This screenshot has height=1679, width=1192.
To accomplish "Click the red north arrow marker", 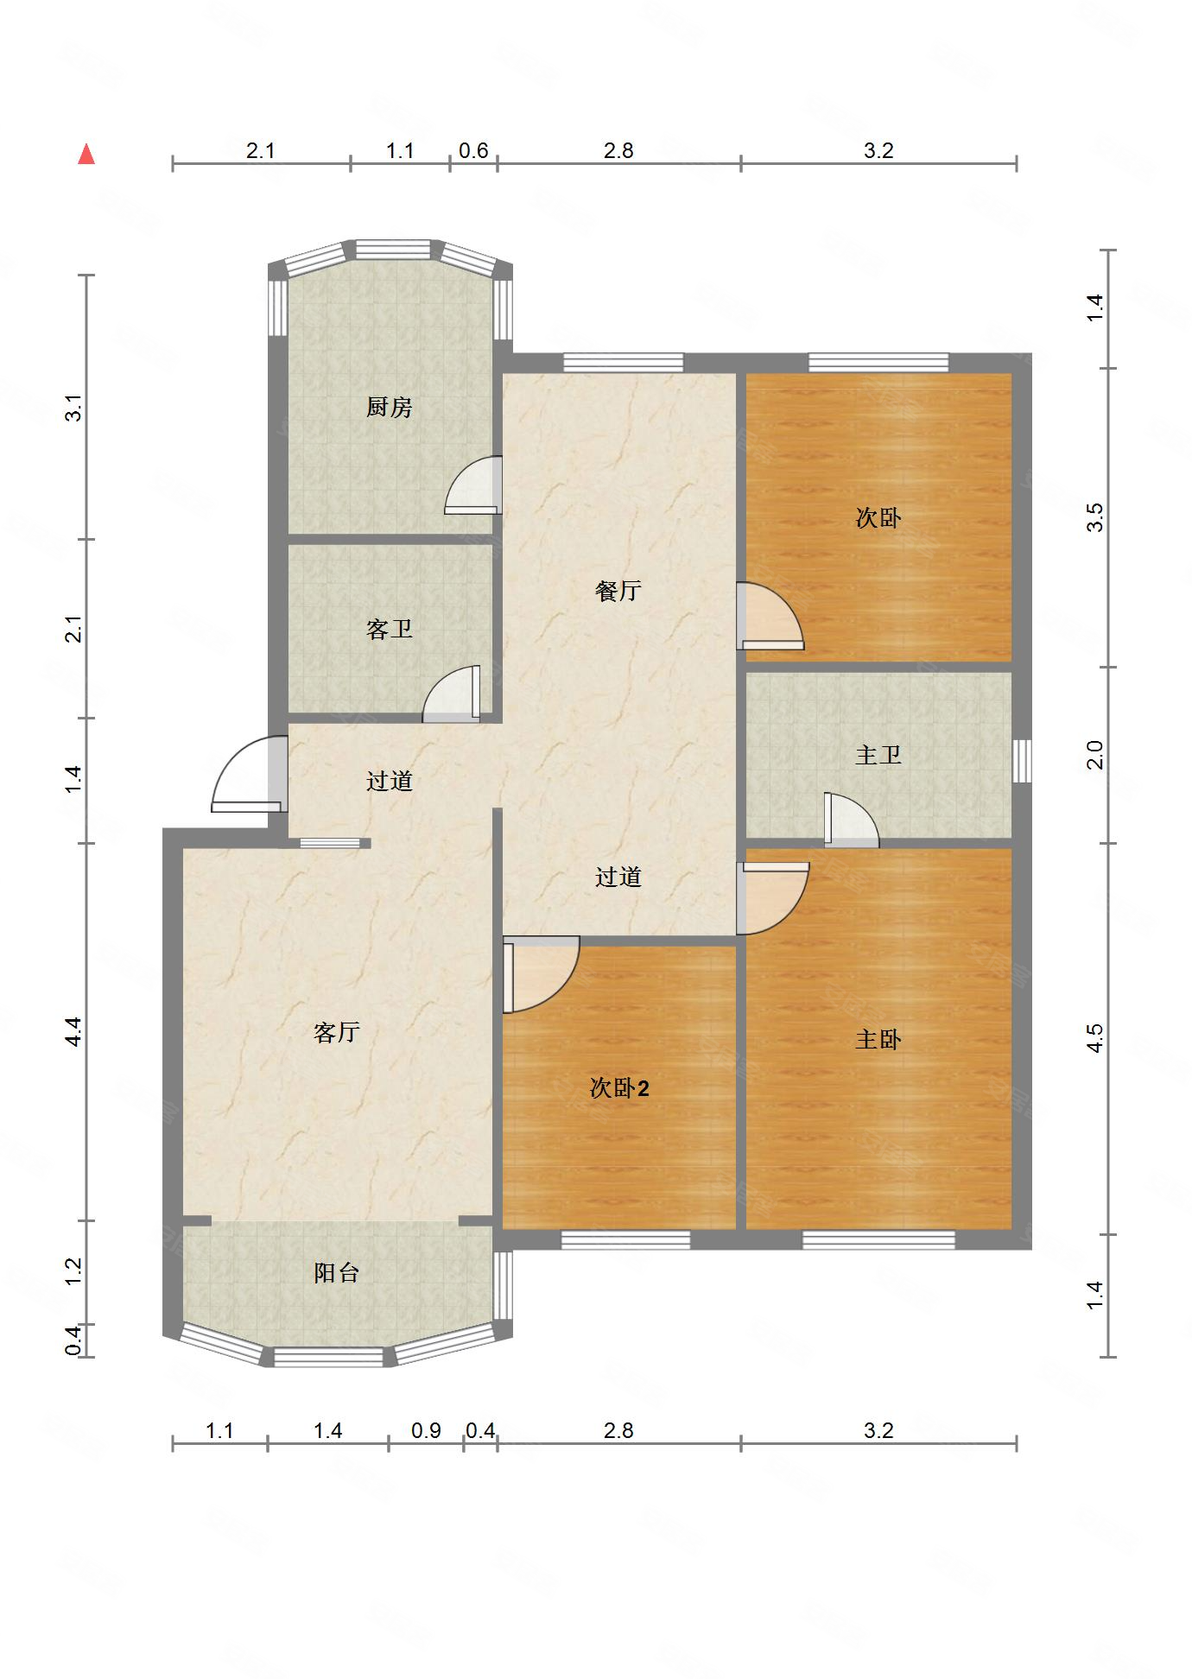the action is (x=86, y=155).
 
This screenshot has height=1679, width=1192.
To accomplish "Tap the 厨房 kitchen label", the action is (x=389, y=407).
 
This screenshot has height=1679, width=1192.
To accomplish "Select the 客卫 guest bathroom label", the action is (x=389, y=629).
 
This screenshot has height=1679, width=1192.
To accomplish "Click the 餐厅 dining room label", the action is (x=618, y=591).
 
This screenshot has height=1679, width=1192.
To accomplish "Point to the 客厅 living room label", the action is (x=336, y=1032).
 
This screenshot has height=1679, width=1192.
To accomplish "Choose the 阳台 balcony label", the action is (x=336, y=1272).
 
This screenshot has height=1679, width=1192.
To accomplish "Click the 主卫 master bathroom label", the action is (x=878, y=755).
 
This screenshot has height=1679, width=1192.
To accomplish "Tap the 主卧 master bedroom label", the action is (x=878, y=1039).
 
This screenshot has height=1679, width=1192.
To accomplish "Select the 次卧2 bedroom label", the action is (x=618, y=1088).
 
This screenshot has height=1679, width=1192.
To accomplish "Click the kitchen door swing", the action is (x=473, y=485).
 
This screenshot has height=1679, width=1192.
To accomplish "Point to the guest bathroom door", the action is (x=451, y=694).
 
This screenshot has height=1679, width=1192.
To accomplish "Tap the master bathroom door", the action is (x=851, y=819).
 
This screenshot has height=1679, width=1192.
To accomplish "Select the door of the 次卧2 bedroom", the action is (x=541, y=974).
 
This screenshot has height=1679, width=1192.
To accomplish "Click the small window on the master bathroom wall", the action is (x=1022, y=761).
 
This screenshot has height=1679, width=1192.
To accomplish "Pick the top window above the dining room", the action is (x=623, y=363).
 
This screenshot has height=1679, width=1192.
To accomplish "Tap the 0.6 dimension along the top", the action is (x=473, y=151).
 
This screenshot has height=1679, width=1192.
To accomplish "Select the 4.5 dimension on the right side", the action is (x=1095, y=1037).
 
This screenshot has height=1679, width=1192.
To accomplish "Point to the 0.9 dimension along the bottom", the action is (x=426, y=1431).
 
